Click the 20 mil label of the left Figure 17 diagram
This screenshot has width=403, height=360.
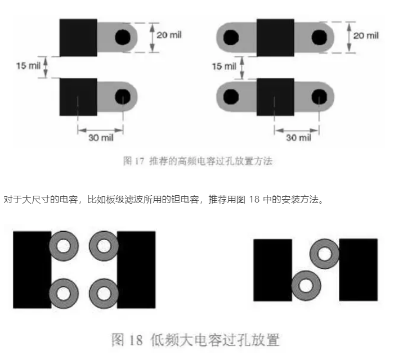(x=169, y=35)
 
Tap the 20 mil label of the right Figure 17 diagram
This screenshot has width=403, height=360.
(x=366, y=35)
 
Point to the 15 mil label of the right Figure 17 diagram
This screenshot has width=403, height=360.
(x=223, y=66)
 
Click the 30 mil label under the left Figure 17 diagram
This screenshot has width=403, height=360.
(x=100, y=138)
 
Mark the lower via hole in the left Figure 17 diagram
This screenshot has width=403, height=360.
(x=122, y=96)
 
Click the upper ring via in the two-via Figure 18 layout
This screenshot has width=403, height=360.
(x=325, y=253)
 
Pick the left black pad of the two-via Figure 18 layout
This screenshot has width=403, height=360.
(x=273, y=269)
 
